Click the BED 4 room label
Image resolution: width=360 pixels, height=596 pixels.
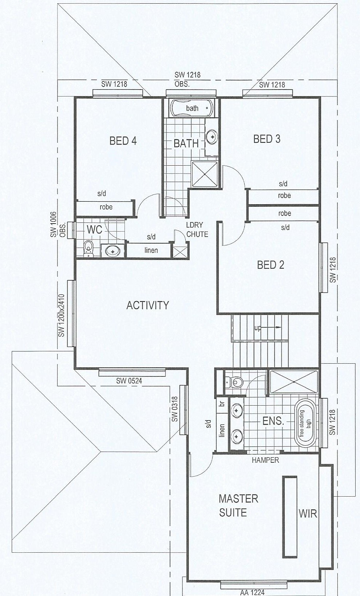123,141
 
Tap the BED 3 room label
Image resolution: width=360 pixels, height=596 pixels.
267,139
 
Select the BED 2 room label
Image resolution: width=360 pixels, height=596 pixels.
270,265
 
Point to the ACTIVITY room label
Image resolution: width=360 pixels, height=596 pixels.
148,305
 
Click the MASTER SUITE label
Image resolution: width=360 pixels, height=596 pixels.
238,506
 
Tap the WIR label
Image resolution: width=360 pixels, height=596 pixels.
308,514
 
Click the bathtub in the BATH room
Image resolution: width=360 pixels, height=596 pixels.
191,108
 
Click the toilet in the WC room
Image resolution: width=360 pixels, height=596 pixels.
88,249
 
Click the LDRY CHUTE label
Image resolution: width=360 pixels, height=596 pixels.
197,230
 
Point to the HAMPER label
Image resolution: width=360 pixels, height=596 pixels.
265,460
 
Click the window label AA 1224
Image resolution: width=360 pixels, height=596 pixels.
252,592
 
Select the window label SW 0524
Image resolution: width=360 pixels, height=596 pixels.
129,381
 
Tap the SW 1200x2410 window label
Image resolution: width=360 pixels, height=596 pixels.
62,315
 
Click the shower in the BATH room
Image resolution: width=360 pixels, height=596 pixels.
204,174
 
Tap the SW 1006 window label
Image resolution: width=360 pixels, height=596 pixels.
54,224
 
